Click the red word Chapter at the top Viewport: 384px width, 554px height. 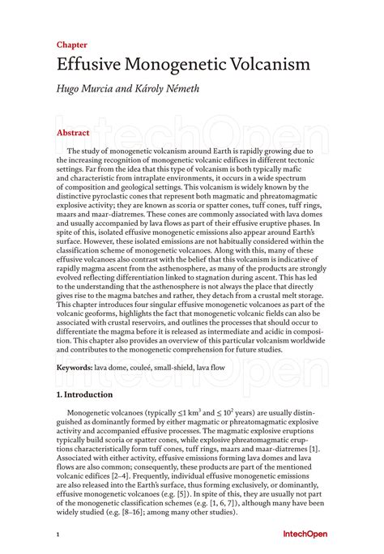pyautogui.click(x=72, y=45)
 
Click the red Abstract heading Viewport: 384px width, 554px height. pyautogui.click(x=73, y=131)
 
